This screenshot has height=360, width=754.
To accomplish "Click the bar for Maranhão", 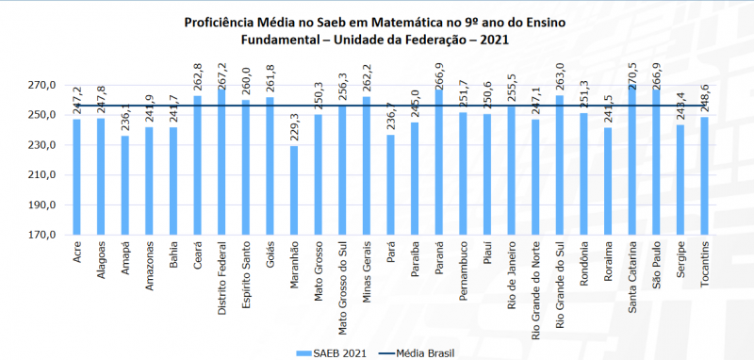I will point(294,190).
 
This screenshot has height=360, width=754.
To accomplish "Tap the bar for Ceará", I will point(197,165).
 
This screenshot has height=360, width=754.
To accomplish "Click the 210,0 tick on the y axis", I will point(41,175).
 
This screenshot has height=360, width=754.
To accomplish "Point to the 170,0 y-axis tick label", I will point(41,235).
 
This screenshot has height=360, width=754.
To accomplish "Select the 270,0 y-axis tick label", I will point(41,86).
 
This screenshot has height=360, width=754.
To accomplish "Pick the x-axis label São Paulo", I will point(657,263).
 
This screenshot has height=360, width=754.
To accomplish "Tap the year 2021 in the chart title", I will point(495,40).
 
